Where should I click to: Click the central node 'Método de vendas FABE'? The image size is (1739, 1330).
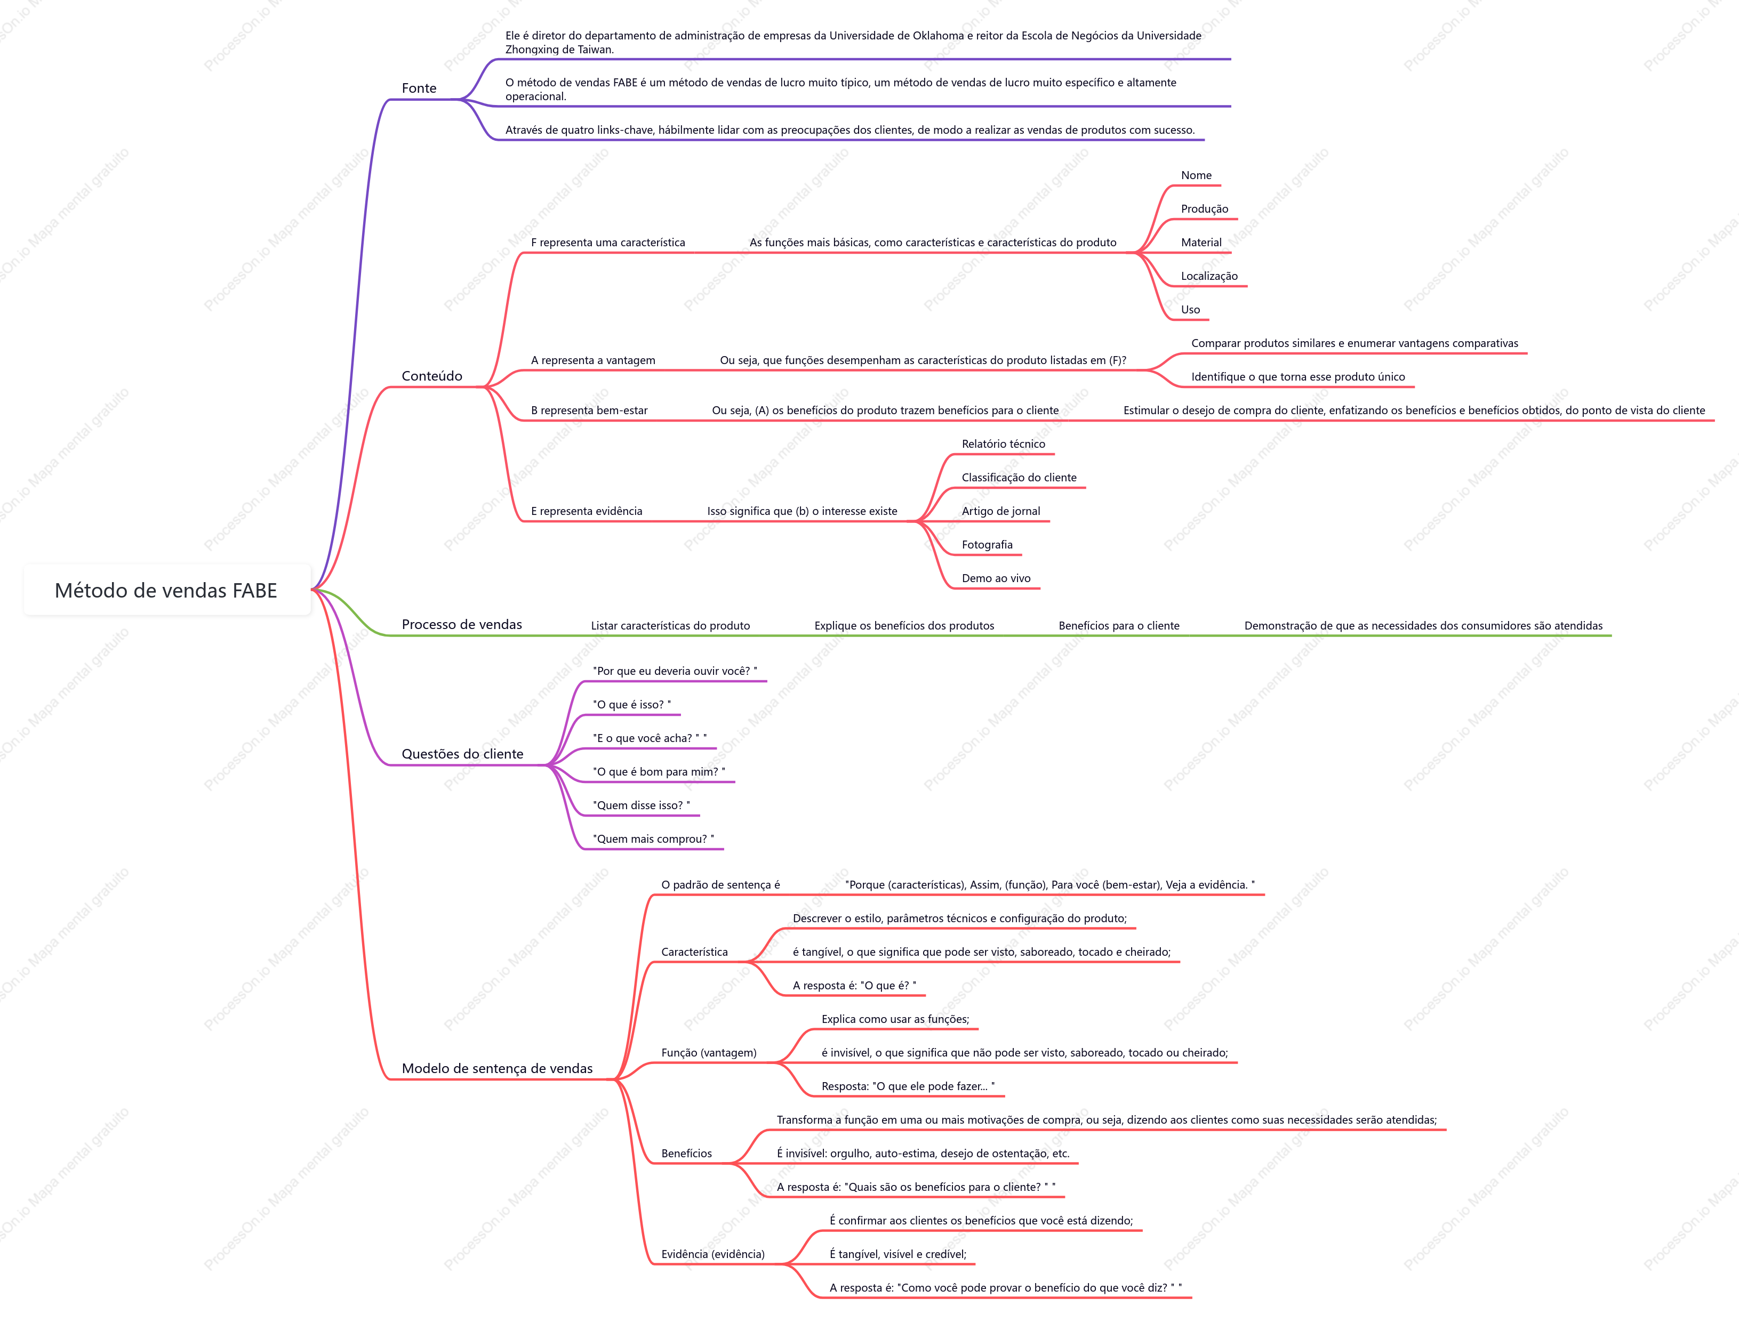point(166,591)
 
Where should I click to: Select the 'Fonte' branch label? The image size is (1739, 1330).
point(419,88)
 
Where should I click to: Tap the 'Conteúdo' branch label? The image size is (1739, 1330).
point(431,376)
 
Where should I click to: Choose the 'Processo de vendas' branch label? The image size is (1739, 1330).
point(462,625)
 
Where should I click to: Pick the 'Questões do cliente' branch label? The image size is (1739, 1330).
point(462,754)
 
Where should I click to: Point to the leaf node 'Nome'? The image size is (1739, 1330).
point(1196,176)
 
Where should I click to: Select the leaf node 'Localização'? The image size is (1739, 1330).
point(1209,276)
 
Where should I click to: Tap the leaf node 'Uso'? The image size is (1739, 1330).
point(1190,310)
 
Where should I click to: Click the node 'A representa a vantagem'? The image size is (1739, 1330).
point(593,360)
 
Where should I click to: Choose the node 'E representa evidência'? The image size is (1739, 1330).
point(587,511)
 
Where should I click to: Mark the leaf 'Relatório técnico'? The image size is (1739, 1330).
point(1003,444)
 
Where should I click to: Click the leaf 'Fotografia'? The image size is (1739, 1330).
point(987,545)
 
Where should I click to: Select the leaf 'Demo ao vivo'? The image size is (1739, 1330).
point(996,579)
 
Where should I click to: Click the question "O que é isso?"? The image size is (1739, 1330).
point(632,705)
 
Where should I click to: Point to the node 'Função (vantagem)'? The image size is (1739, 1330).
point(709,1053)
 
